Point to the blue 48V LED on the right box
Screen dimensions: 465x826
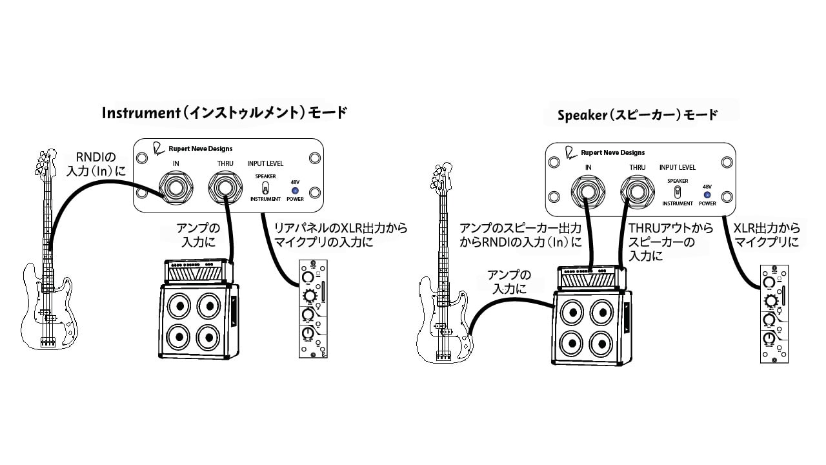(x=707, y=194)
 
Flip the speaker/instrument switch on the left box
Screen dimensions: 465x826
(x=265, y=188)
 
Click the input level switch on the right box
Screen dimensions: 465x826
(x=677, y=192)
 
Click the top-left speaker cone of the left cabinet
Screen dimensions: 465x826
(x=176, y=307)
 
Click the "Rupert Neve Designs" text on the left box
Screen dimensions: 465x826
(x=200, y=149)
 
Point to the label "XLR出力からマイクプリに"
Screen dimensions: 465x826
(x=767, y=235)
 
